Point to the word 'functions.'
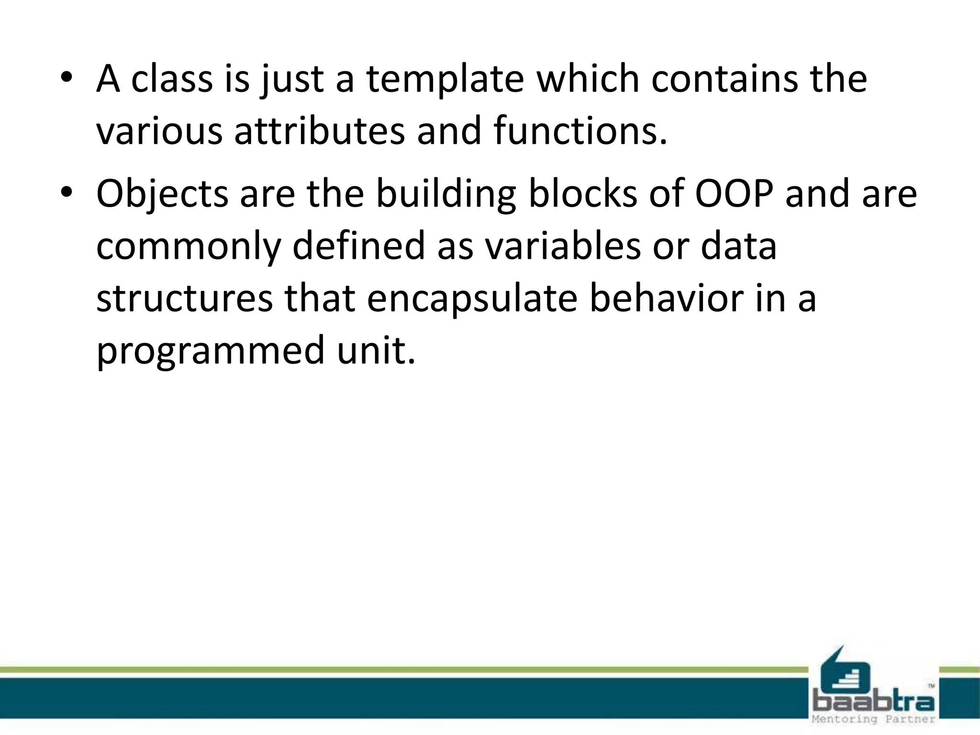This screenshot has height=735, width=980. (580, 131)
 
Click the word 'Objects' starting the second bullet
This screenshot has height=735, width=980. (162, 195)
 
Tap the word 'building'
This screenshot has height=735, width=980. (445, 195)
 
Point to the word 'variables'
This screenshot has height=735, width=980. (562, 246)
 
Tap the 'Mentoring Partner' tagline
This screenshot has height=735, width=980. (874, 719)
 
